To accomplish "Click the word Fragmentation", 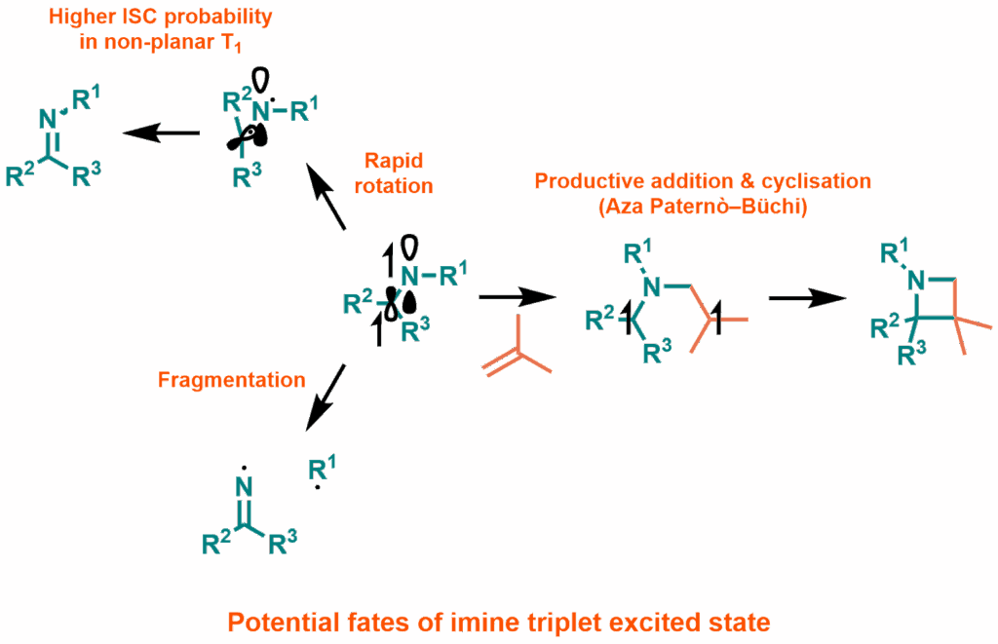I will point(231,380).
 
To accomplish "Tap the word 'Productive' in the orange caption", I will point(581,181).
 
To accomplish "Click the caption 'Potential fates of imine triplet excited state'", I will point(498,621).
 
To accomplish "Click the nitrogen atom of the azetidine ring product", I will point(914,282).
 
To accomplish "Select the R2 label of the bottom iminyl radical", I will point(212,544).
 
